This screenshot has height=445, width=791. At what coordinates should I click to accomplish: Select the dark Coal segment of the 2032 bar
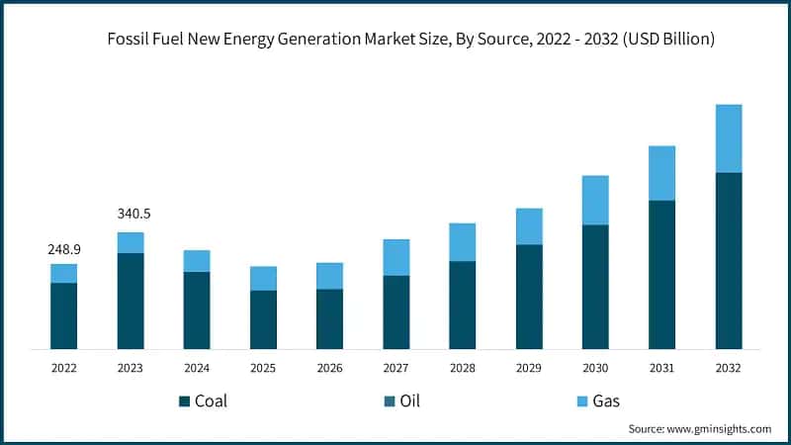(729, 260)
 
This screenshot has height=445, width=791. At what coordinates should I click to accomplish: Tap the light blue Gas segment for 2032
(729, 138)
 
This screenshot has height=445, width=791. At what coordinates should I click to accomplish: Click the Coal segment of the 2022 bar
(64, 315)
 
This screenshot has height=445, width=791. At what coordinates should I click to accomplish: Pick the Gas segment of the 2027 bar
(396, 257)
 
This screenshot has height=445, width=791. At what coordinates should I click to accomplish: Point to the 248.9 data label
(64, 250)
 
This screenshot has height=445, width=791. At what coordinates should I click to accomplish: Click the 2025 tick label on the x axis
(263, 368)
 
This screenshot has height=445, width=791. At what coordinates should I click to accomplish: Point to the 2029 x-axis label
(529, 368)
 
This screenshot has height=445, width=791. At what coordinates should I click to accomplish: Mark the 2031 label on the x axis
(661, 368)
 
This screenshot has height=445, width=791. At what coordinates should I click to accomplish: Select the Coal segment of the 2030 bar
(595, 287)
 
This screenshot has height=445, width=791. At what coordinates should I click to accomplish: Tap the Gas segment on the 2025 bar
(263, 278)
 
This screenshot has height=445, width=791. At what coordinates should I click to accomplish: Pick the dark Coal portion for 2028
(463, 305)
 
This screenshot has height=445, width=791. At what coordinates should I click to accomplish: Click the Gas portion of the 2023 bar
(131, 242)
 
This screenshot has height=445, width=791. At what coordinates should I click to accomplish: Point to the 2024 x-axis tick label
(197, 368)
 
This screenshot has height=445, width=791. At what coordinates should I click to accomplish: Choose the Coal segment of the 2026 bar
(330, 318)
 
